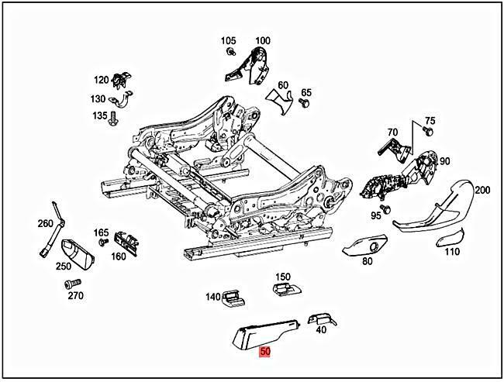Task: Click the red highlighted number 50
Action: (265, 351)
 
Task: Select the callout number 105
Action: (228, 40)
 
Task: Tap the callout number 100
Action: (263, 40)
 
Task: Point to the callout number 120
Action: (102, 80)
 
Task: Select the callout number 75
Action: (430, 121)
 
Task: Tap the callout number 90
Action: (444, 160)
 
